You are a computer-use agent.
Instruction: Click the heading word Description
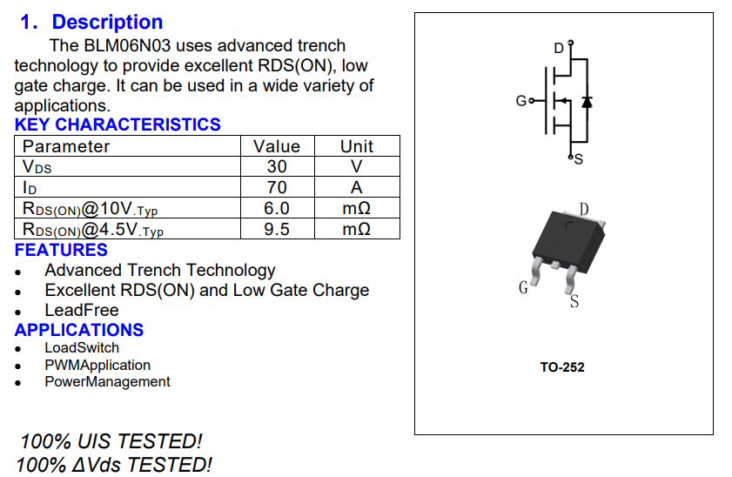[x=107, y=23]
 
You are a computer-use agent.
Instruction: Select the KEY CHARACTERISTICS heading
[x=118, y=124]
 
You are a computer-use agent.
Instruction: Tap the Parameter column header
[x=66, y=146]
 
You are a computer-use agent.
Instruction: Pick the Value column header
[x=276, y=146]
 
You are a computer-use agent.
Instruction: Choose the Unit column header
[x=357, y=146]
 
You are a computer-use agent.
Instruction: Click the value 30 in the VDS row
[x=276, y=166]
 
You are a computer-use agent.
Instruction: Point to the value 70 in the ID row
[x=276, y=187]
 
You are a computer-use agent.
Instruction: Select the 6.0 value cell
[x=276, y=208]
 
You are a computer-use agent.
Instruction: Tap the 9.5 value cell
[x=276, y=229]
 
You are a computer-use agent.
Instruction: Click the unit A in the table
[x=357, y=187]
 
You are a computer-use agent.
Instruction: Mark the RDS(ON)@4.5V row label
[x=92, y=230]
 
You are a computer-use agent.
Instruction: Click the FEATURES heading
[x=61, y=250]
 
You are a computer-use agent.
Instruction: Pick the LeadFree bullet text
[x=82, y=310]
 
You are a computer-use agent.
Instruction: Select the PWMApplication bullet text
[x=97, y=365]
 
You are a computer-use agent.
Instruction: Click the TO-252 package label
[x=562, y=367]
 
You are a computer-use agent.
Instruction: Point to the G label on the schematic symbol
[x=520, y=102]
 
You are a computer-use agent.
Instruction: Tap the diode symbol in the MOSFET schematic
[x=587, y=101]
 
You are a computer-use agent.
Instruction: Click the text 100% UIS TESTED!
[x=111, y=441]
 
